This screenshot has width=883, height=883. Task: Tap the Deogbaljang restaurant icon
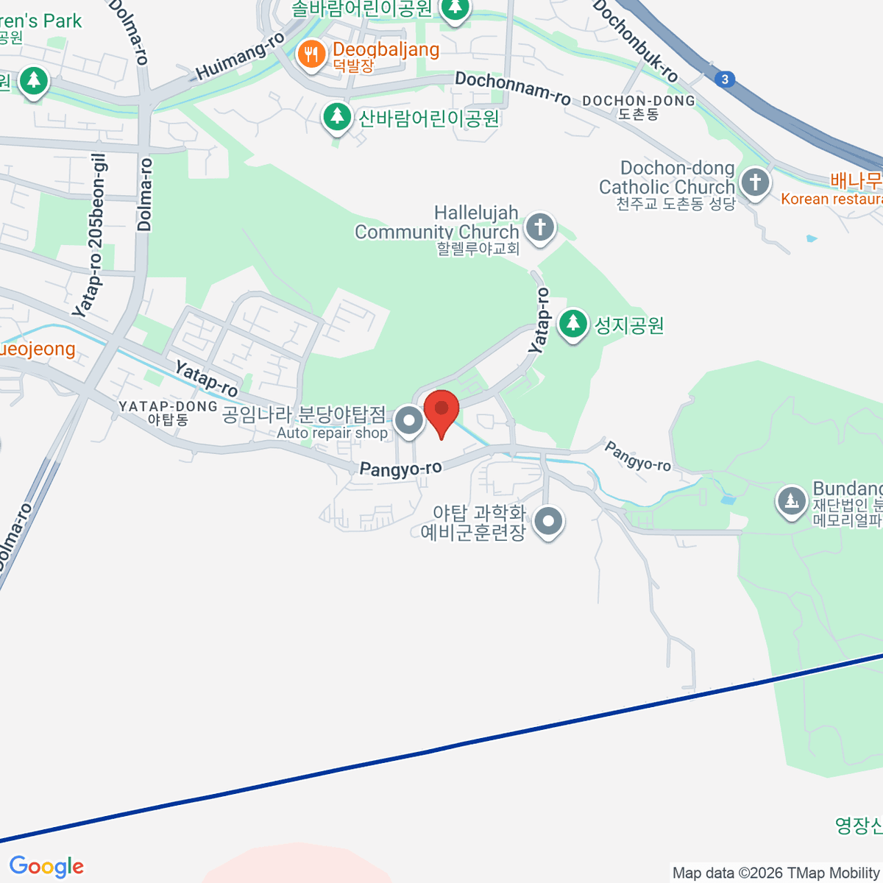tap(312, 54)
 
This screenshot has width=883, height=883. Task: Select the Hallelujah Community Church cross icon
tap(540, 227)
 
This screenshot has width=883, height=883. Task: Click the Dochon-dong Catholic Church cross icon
tap(754, 182)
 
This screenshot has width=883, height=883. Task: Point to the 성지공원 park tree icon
tap(572, 325)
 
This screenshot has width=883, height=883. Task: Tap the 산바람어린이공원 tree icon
tap(337, 116)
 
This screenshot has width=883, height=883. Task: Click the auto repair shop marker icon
tap(409, 422)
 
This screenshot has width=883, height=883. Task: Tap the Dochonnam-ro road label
tap(512, 88)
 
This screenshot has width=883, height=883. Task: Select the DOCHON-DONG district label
tap(638, 101)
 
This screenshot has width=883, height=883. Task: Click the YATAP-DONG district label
tap(168, 407)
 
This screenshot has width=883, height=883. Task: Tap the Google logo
tap(46, 867)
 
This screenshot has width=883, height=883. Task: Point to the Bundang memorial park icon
tap(791, 503)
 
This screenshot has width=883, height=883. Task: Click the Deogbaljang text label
tap(386, 50)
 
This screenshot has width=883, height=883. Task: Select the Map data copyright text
tap(776, 873)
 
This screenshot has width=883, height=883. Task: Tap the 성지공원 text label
tap(629, 325)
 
